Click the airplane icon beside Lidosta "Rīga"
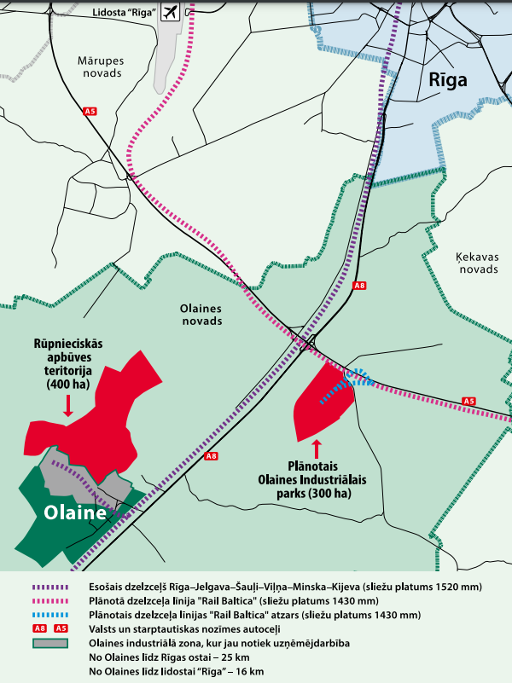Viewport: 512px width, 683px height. click(169, 12)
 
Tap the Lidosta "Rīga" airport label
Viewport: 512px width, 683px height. click(123, 13)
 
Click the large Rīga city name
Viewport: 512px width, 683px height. click(449, 82)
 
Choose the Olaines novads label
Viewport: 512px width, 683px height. click(201, 315)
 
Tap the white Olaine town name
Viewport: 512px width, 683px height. click(76, 513)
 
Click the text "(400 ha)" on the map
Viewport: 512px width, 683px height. click(68, 385)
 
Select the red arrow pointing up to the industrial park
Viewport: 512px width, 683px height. click(317, 448)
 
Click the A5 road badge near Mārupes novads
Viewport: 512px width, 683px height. click(90, 112)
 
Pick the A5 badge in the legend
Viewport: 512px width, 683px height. click(61, 628)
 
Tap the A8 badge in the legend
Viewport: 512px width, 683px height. click(39, 628)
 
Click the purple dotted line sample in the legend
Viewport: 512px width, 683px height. click(50, 587)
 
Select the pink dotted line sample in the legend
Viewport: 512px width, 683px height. click(50, 601)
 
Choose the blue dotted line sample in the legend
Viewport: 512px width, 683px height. click(50, 615)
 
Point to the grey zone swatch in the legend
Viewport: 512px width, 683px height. click(50, 643)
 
